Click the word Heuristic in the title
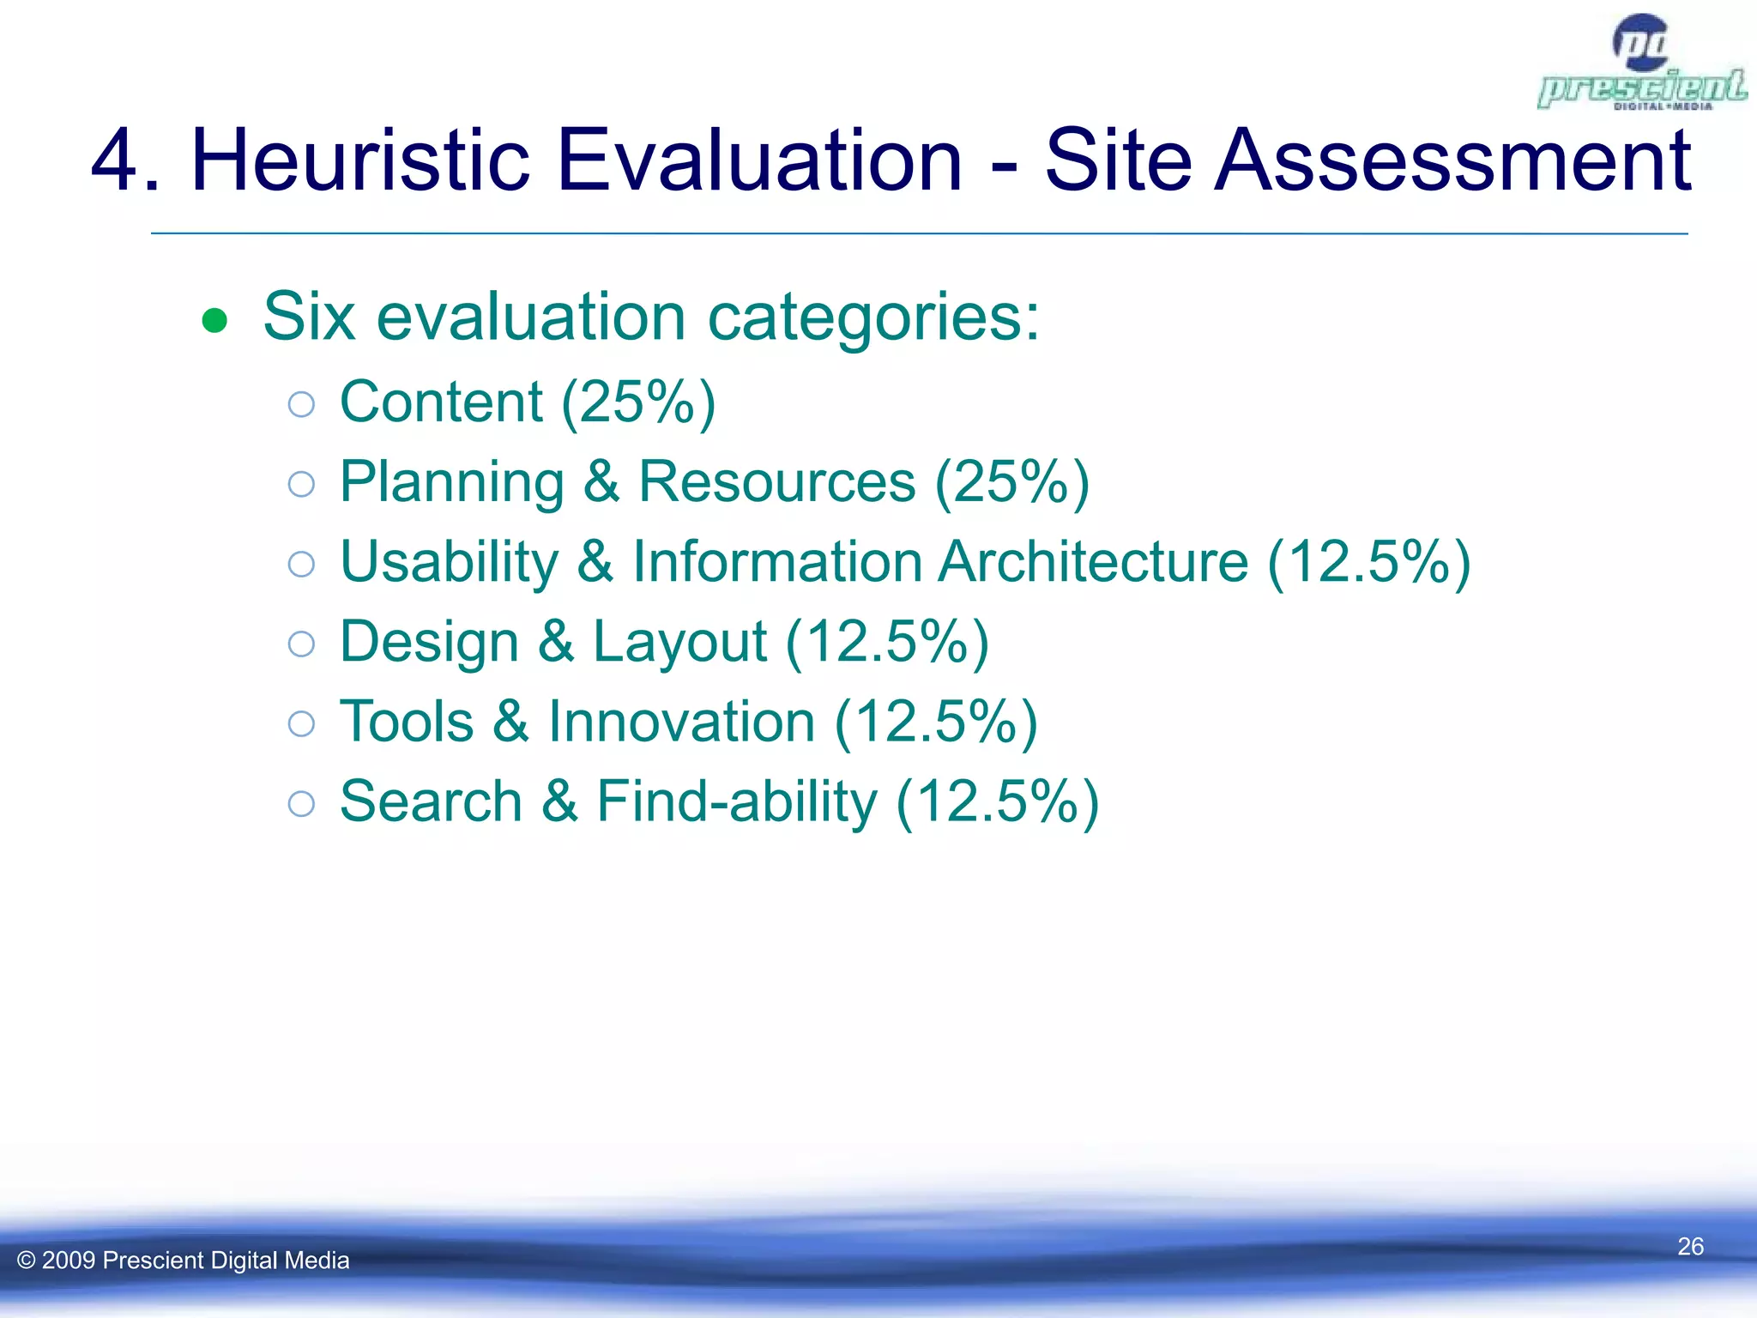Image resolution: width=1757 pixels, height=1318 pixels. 359,160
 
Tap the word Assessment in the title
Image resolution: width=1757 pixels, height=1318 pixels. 1452,160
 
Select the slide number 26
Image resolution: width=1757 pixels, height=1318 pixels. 1690,1246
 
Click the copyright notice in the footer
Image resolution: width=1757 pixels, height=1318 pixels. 184,1260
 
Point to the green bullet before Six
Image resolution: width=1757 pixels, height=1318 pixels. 214,321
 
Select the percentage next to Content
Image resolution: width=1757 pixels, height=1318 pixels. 638,402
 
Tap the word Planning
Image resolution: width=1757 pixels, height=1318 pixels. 452,482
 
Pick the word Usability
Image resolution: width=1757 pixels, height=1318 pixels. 449,562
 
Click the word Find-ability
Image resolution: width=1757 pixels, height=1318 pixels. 737,801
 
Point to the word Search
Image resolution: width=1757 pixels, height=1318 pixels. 431,801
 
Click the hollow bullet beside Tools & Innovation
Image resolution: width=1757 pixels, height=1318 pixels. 301,723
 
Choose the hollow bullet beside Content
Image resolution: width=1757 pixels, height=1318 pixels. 301,404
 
